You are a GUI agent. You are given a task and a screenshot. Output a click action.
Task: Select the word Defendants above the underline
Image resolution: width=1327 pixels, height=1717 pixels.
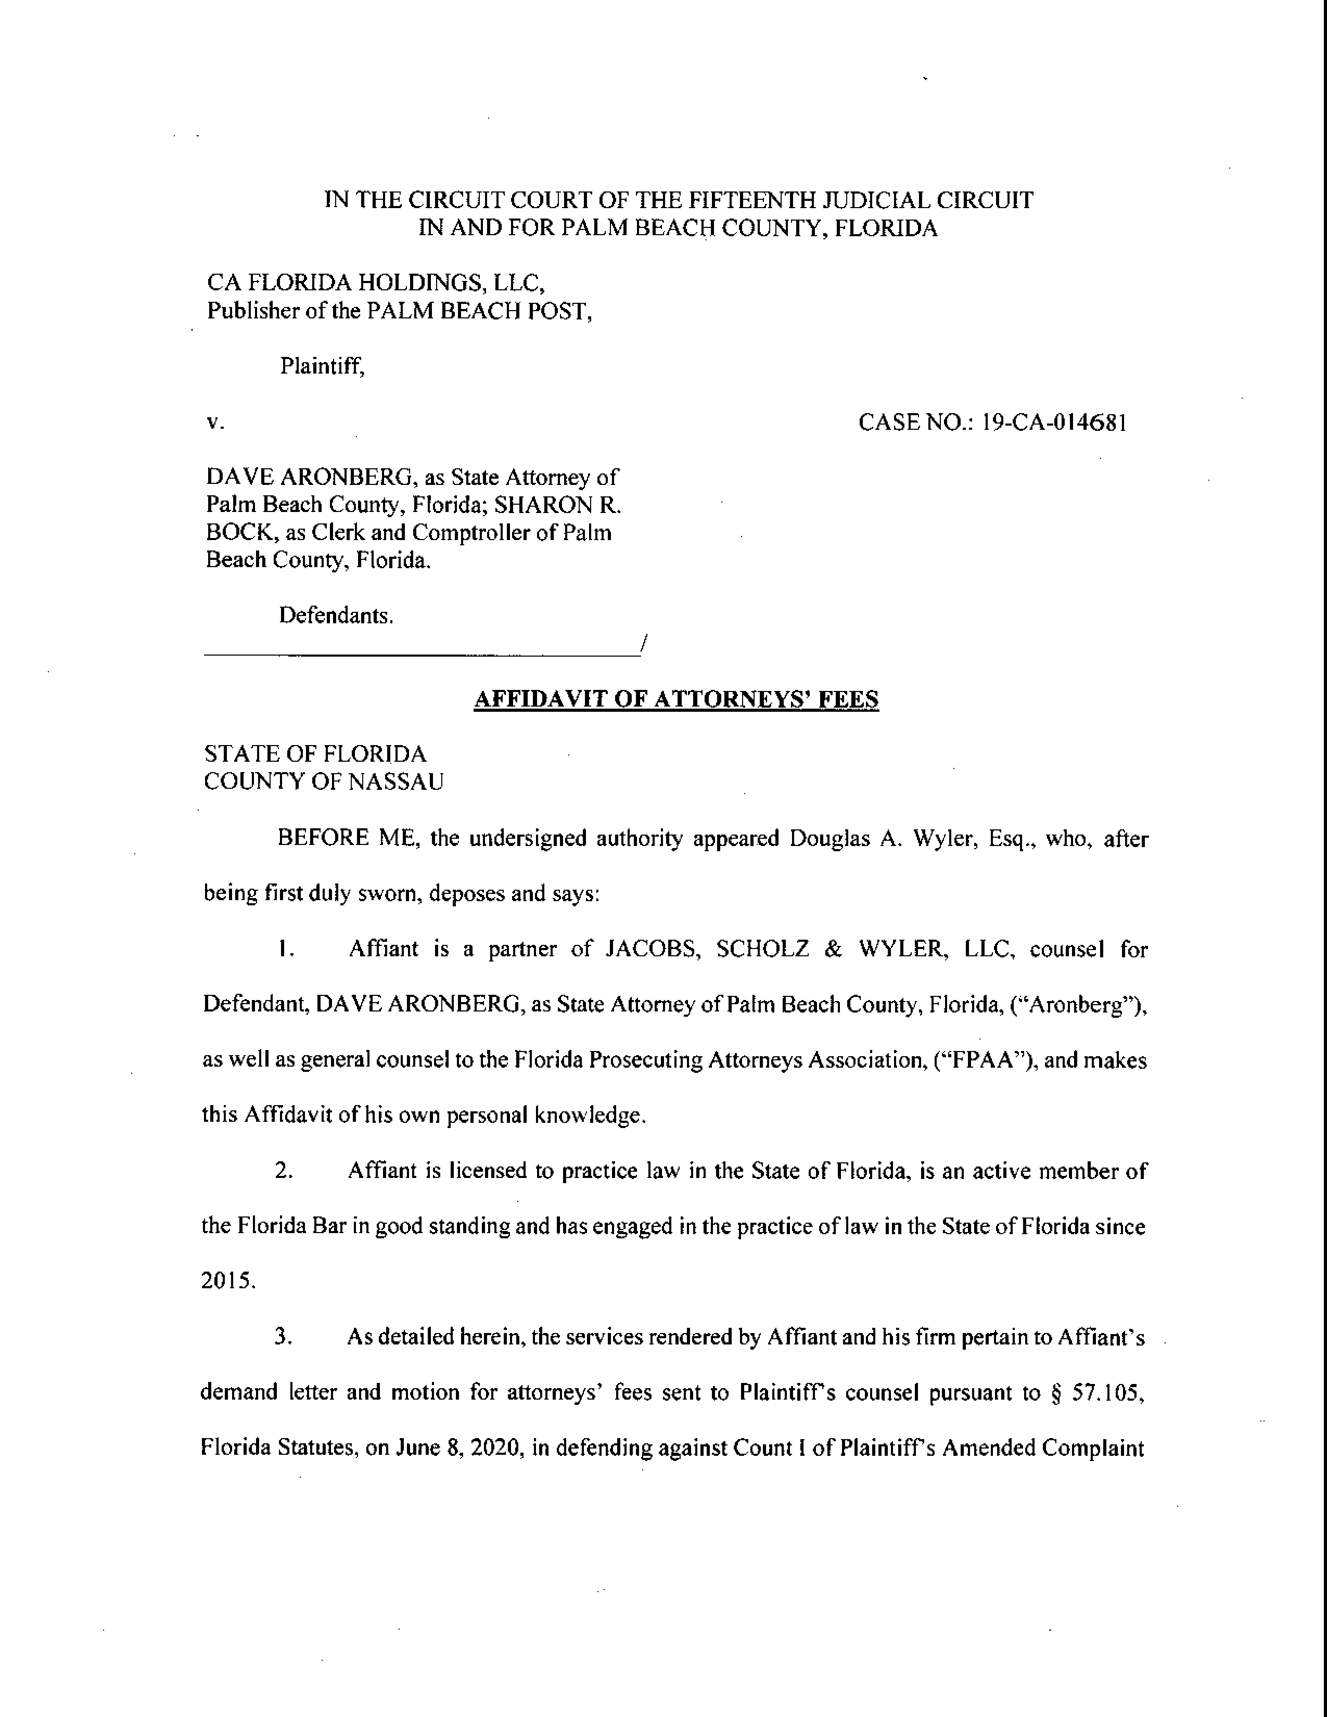(336, 615)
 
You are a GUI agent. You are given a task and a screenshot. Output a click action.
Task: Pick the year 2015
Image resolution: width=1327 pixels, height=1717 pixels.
(228, 1282)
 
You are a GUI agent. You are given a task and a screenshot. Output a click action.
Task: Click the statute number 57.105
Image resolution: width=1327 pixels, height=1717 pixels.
(1106, 1392)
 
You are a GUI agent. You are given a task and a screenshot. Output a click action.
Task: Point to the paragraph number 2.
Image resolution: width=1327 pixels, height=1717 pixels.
(284, 1171)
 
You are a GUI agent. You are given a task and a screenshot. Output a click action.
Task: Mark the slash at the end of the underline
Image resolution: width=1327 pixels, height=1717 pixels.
(643, 645)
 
